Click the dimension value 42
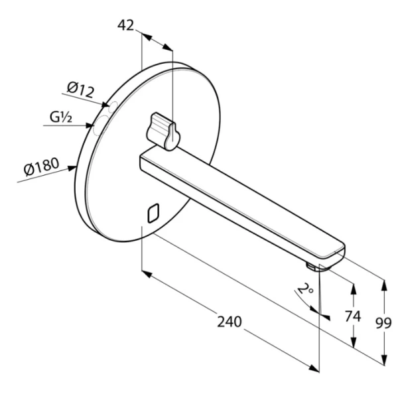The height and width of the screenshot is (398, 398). tap(125, 25)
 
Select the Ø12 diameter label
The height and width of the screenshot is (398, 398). tap(80, 88)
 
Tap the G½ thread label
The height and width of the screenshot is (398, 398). tap(60, 118)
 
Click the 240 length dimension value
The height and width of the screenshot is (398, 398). tap(230, 322)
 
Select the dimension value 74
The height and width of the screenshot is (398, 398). tap(353, 316)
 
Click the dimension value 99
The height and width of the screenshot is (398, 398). tap(383, 323)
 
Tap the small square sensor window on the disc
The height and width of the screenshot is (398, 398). tap(152, 212)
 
